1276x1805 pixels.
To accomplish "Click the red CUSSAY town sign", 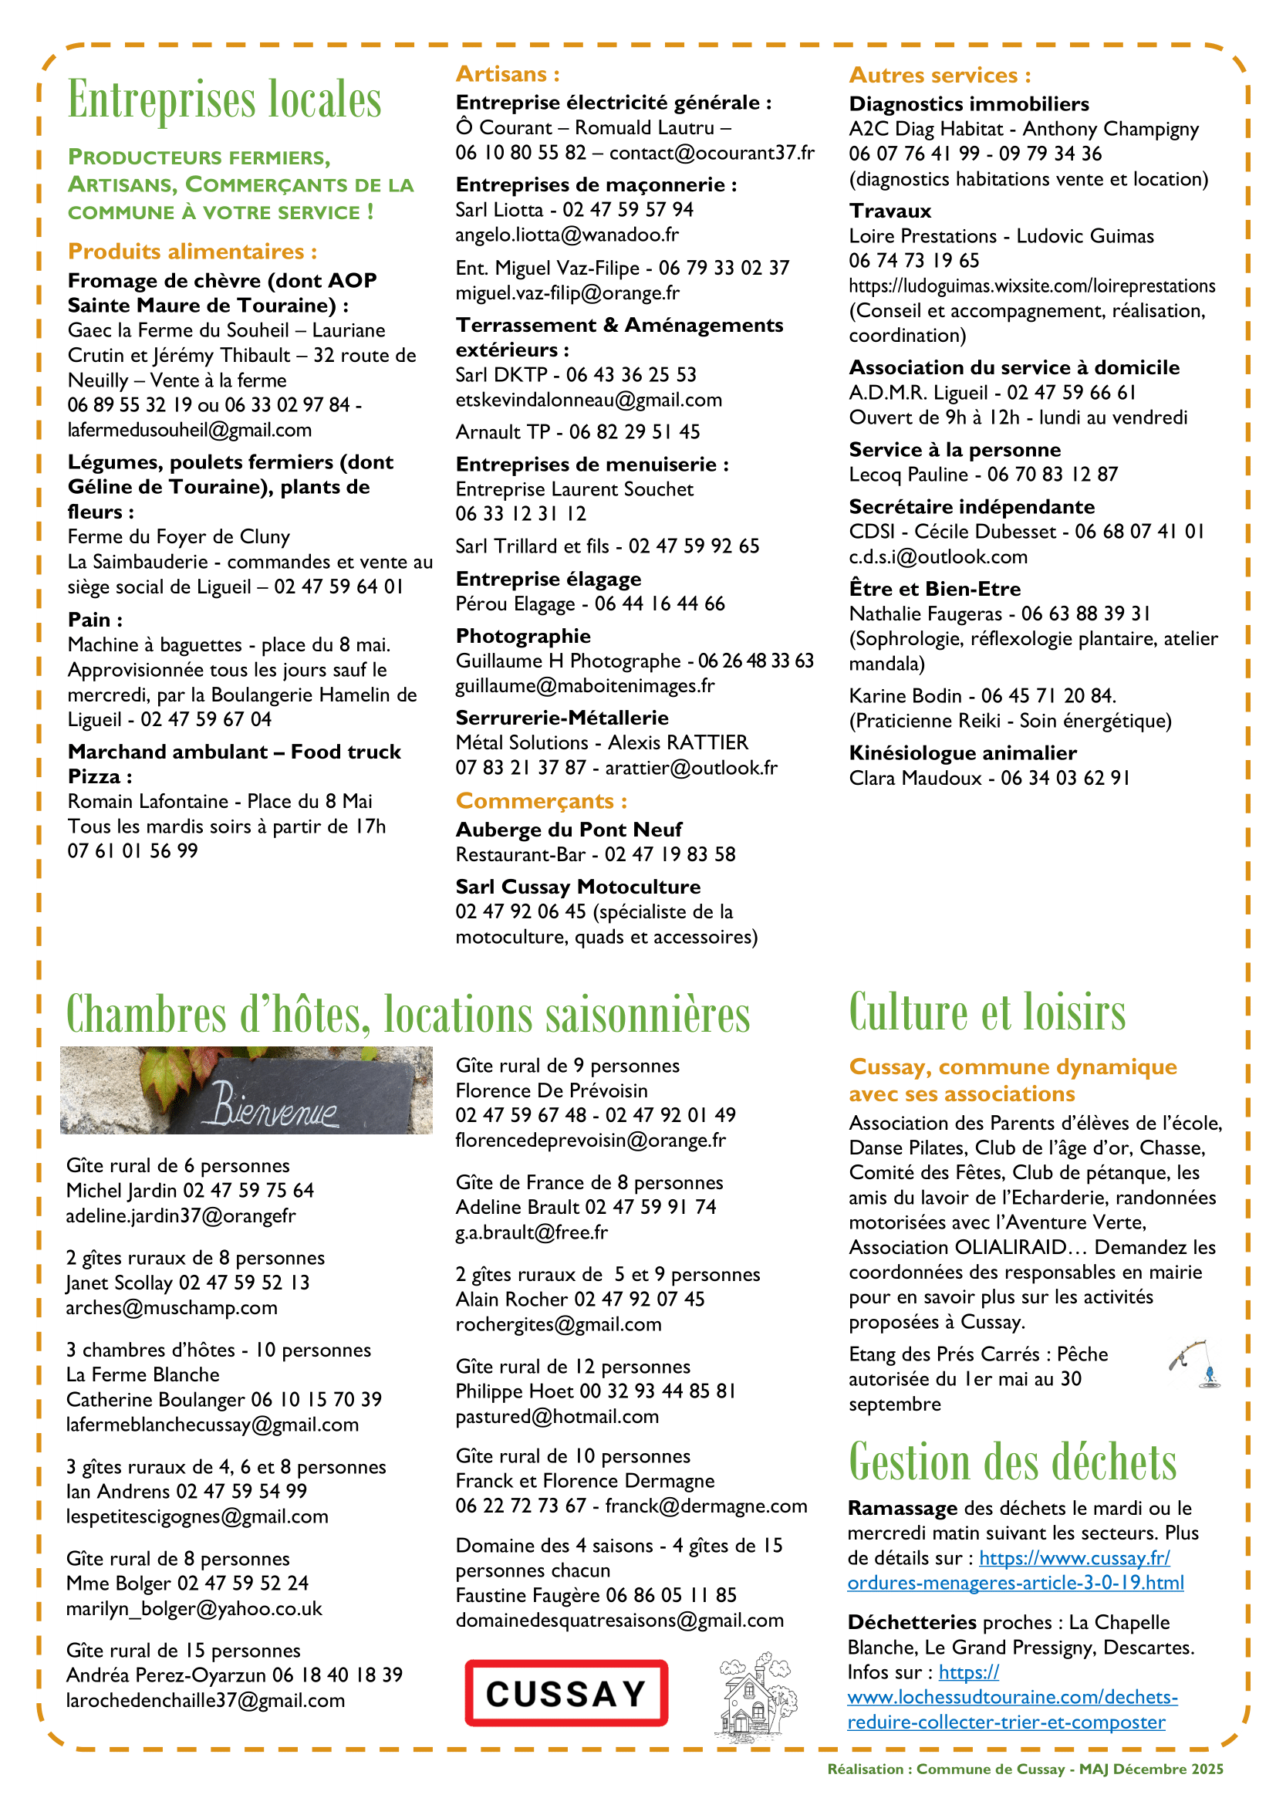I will point(565,1692).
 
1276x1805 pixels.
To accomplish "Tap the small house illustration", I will point(755,1693).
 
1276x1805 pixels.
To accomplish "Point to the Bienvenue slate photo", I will point(246,1090).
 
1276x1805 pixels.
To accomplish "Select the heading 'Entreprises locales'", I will point(224,100).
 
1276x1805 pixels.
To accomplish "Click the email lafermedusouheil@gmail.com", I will point(189,430).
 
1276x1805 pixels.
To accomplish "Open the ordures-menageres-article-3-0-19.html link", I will point(1015,1583).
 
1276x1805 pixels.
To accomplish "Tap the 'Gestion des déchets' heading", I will point(1012,1462).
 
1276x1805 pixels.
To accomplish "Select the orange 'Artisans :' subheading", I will point(508,74).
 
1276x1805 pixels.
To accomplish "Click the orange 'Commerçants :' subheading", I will point(542,801).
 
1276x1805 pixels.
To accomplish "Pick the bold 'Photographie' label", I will point(523,636).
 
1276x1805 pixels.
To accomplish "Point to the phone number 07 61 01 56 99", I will point(133,851).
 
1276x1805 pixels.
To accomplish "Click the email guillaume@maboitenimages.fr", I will point(586,685).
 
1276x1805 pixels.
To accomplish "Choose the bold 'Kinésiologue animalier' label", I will point(963,753).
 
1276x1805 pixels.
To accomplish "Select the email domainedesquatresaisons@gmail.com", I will point(620,1621).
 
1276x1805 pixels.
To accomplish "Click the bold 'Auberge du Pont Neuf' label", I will point(569,830).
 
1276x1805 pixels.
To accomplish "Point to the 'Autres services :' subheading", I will point(940,76).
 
